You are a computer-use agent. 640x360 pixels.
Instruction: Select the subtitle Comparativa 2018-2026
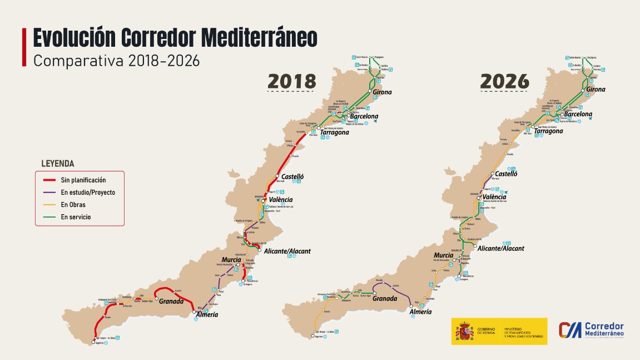click(x=116, y=61)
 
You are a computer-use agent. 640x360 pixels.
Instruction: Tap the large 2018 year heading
click(x=292, y=81)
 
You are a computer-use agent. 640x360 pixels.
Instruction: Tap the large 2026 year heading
click(x=504, y=81)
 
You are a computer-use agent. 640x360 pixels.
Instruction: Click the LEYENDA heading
click(x=58, y=164)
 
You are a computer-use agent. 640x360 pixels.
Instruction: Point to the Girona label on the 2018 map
click(x=382, y=92)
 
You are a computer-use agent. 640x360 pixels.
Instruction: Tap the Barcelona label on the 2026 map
click(x=578, y=114)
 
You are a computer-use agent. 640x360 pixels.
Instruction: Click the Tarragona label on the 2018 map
click(x=335, y=132)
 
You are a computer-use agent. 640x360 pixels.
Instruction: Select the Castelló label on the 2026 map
click(x=506, y=174)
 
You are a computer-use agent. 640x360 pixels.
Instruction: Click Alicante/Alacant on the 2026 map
click(x=501, y=249)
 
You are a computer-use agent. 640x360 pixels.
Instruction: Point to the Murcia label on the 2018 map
click(x=231, y=260)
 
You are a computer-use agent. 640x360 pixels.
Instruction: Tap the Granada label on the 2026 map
click(x=385, y=299)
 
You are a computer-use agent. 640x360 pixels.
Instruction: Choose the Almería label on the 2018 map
click(x=206, y=315)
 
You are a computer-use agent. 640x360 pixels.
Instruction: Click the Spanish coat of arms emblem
click(x=465, y=331)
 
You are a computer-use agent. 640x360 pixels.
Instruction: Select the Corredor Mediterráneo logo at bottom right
click(x=592, y=330)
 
